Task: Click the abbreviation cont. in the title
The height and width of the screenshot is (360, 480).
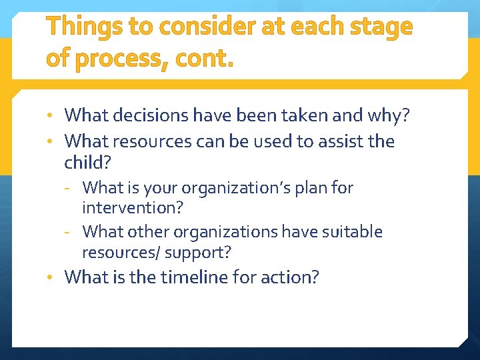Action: pyautogui.click(x=205, y=59)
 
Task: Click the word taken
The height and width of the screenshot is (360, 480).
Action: pyautogui.click(x=316, y=115)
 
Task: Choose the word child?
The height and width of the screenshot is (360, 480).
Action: pyautogui.click(x=87, y=161)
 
